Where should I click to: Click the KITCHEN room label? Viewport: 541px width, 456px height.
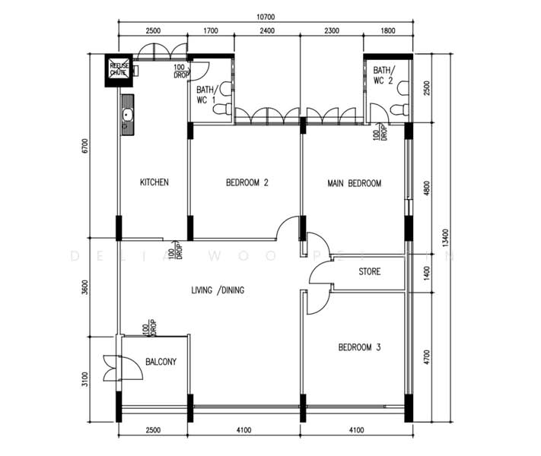(x=154, y=183)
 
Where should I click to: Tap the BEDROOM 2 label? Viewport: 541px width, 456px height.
(x=247, y=183)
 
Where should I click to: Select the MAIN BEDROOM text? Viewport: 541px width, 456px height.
(x=354, y=183)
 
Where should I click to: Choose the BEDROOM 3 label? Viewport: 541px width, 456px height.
(x=359, y=347)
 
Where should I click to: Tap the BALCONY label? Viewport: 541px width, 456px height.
(x=161, y=362)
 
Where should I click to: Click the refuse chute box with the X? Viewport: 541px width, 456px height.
(x=119, y=70)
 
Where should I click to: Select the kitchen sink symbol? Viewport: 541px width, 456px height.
(x=127, y=116)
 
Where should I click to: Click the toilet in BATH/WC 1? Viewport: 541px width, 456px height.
(x=221, y=110)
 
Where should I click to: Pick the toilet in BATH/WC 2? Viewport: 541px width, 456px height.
(x=398, y=110)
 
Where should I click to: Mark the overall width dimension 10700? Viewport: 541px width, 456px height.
(x=266, y=16)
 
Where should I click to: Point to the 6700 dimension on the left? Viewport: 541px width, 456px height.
(x=86, y=146)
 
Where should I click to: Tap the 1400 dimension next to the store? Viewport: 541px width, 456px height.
(x=428, y=271)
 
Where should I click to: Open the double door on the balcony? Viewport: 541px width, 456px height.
(x=112, y=368)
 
